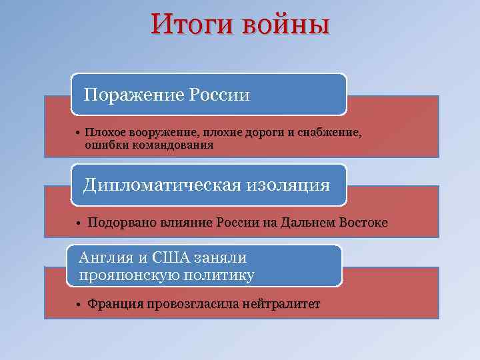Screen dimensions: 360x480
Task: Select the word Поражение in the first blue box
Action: click(x=129, y=95)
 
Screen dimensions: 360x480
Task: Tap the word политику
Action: click(x=217, y=273)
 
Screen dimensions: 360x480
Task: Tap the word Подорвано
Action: click(x=121, y=222)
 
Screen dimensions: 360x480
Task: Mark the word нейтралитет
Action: click(x=283, y=304)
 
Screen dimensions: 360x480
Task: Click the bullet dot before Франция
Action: click(x=78, y=305)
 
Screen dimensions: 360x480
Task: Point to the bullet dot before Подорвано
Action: click(x=78, y=223)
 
